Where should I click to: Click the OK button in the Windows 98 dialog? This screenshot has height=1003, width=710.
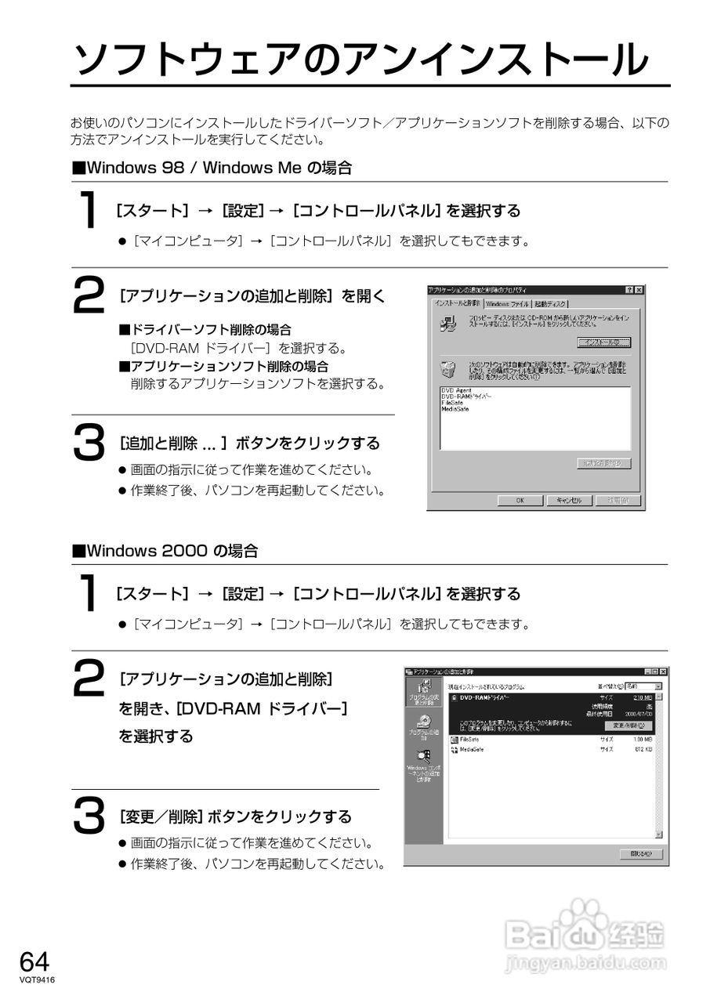point(520,501)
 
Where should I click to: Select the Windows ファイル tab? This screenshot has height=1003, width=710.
point(507,304)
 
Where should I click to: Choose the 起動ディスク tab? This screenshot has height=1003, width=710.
point(551,304)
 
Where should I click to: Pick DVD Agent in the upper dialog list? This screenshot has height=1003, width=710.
point(455,390)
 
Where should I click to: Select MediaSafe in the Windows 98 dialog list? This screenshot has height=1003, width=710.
point(455,409)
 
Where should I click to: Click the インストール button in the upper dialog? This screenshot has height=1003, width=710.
point(603,342)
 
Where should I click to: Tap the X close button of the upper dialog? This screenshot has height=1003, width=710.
point(639,290)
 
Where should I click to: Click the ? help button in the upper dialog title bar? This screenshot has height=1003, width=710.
point(629,290)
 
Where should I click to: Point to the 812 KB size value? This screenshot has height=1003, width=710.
point(643,750)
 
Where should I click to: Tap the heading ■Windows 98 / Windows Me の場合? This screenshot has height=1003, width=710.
point(212,168)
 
